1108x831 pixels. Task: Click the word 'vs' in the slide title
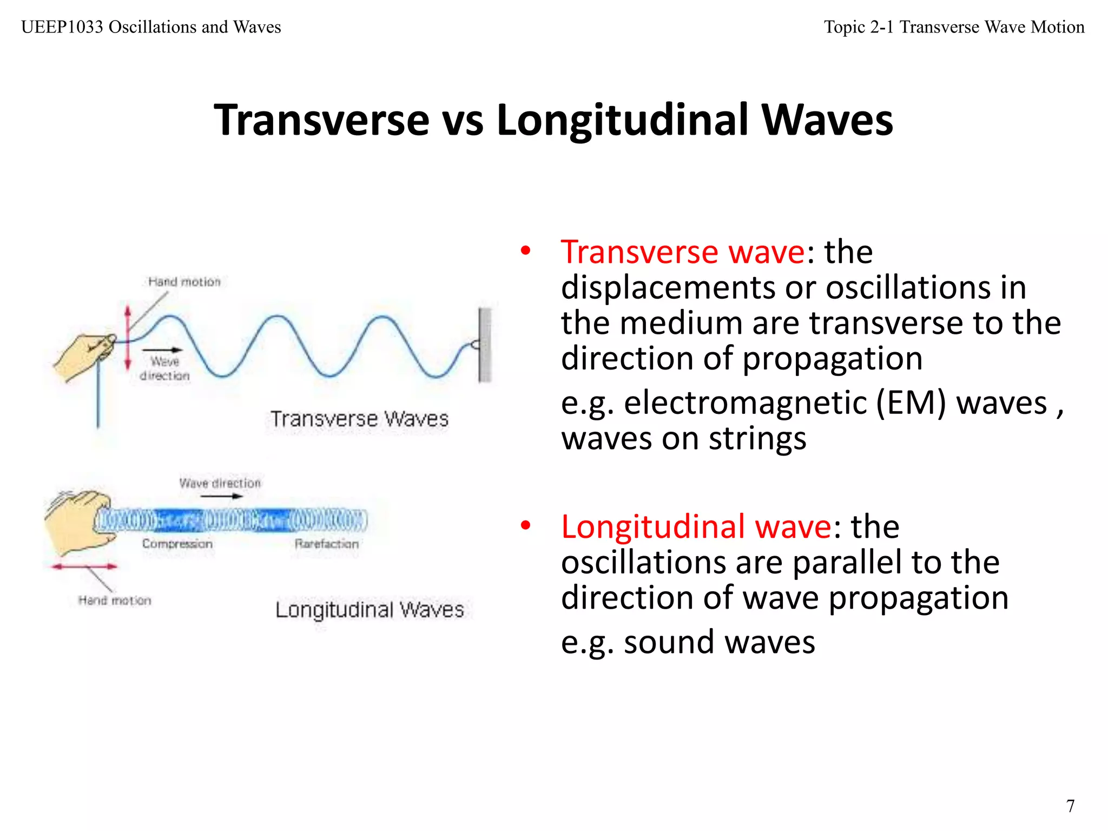point(463,120)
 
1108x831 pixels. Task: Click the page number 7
point(1070,806)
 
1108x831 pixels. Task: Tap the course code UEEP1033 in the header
point(62,27)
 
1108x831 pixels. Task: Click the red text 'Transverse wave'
point(683,252)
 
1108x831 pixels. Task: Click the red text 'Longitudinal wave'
point(696,527)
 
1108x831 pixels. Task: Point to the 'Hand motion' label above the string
point(184,282)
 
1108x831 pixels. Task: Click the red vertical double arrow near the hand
point(128,337)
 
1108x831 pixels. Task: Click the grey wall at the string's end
point(485,345)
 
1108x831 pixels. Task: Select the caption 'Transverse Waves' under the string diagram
point(359,419)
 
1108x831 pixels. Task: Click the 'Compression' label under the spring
point(177,544)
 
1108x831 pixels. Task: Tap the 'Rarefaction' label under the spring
point(326,544)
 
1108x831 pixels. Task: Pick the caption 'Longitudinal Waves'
point(370,610)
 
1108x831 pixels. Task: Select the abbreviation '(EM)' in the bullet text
point(911,404)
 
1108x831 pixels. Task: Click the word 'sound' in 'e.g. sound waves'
point(669,642)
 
